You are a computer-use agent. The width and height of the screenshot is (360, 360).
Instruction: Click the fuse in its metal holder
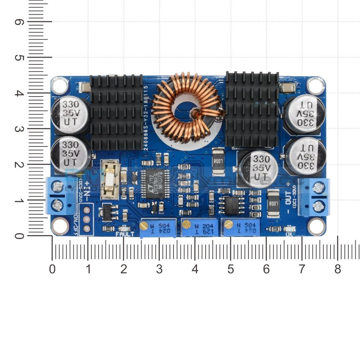tap(111, 180)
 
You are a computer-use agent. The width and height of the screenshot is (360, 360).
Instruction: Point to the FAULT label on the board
tap(125, 234)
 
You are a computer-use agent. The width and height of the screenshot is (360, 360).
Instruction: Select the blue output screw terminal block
tap(314, 197)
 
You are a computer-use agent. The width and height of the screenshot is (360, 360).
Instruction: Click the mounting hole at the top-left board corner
tap(59, 86)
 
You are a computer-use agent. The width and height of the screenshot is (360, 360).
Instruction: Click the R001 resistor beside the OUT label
tap(274, 204)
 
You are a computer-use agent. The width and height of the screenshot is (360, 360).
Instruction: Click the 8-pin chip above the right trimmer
tap(231, 204)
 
